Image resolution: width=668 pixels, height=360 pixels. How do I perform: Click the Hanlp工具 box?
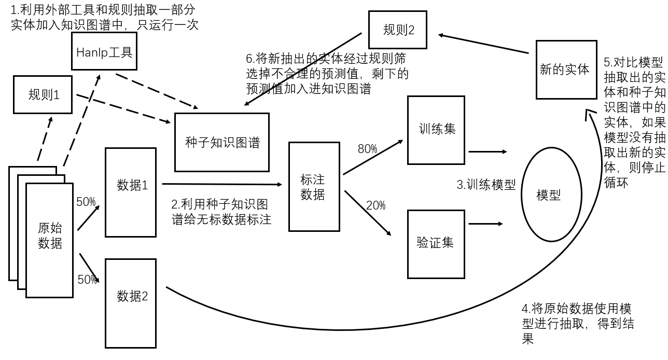pyautogui.click(x=104, y=51)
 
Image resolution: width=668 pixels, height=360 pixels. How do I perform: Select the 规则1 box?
pyautogui.click(x=43, y=94)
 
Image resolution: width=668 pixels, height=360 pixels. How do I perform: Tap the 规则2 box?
pyautogui.click(x=398, y=30)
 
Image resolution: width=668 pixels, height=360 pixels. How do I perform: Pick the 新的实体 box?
pyautogui.click(x=566, y=70)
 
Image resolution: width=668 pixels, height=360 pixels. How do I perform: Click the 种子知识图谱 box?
pyautogui.click(x=222, y=142)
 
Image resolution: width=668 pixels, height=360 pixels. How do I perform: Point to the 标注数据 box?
pyautogui.click(x=314, y=186)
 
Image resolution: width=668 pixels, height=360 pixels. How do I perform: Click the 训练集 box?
pyautogui.click(x=436, y=130)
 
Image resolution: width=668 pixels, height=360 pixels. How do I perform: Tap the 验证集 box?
pyautogui.click(x=436, y=243)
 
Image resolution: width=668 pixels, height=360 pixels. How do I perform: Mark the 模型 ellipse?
pyautogui.click(x=548, y=196)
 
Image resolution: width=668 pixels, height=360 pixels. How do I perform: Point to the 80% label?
pyautogui.click(x=367, y=149)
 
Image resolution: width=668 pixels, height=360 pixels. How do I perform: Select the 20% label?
pyautogui.click(x=375, y=205)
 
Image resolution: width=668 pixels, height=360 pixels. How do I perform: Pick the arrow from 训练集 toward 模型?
pyautogui.click(x=488, y=152)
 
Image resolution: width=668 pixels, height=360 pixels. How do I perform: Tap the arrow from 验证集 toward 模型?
pyautogui.click(x=486, y=224)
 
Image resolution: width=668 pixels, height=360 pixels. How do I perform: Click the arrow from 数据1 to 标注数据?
pyautogui.click(x=222, y=184)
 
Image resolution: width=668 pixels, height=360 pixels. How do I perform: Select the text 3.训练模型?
pyautogui.click(x=486, y=185)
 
